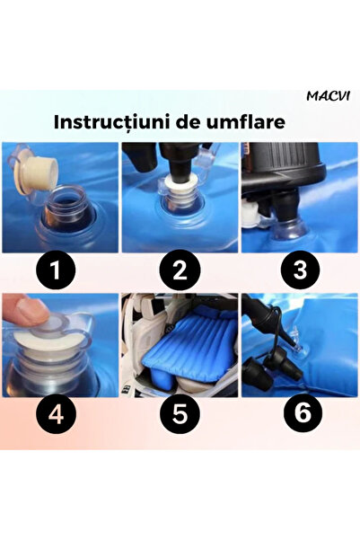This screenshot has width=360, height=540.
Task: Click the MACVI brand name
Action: [328, 96]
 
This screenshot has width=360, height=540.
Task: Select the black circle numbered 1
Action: [56, 270]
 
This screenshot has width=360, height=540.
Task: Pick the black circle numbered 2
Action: [180, 270]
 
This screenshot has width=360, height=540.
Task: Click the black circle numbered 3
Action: [300, 270]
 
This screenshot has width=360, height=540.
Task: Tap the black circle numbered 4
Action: [56, 413]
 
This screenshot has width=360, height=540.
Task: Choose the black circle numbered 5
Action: [180, 413]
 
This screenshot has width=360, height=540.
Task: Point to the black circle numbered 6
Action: [303, 412]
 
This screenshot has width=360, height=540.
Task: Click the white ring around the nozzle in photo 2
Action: [180, 181]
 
